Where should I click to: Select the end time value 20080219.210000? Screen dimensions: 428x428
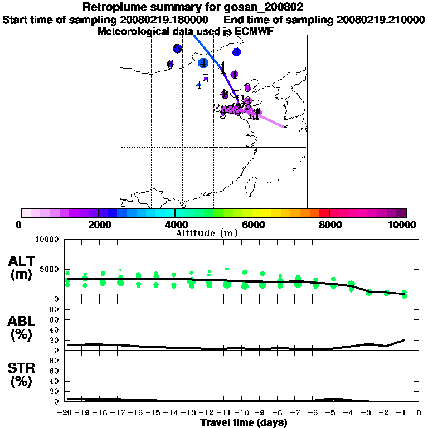pos(381,20)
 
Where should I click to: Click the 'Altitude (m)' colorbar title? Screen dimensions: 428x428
pos(206,233)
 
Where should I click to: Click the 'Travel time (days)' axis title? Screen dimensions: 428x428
pos(244,423)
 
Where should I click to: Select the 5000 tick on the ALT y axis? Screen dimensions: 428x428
pos(50,269)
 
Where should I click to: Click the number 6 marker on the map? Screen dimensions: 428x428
pos(171,64)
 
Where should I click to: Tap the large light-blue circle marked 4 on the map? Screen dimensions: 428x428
pos(203,63)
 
